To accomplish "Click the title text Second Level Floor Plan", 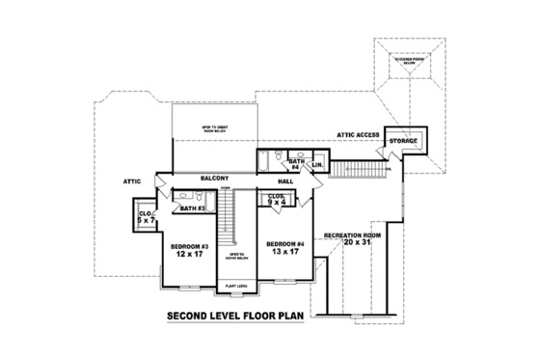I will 235,316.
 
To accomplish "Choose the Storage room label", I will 403,142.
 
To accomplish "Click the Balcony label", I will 214,179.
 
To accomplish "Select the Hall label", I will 286,180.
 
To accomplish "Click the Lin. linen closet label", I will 316,165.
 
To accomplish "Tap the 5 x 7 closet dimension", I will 147,221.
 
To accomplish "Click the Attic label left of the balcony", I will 132,180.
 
